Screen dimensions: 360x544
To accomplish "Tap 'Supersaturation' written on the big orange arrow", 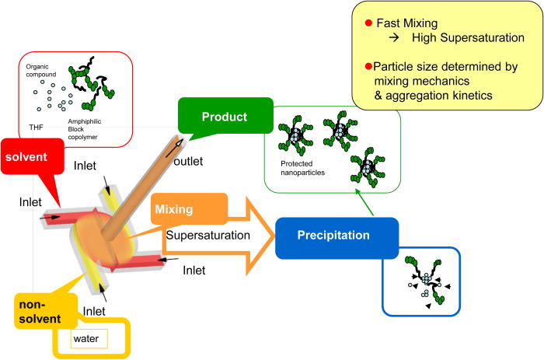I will (x=207, y=233).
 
